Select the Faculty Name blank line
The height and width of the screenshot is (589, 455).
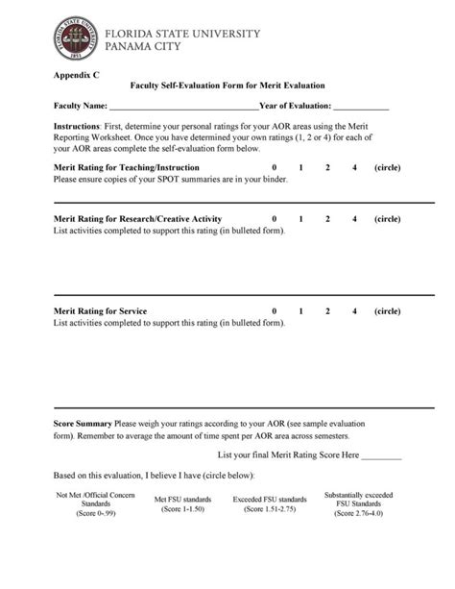tap(183, 107)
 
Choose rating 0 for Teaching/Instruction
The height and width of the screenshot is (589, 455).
tap(275, 167)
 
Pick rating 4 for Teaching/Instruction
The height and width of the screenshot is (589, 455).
tap(354, 167)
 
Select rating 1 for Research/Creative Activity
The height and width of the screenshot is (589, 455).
tap(300, 219)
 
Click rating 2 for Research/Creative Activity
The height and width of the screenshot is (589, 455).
tap(327, 219)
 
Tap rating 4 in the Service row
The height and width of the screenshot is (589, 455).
tap(354, 311)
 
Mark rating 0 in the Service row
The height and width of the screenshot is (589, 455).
tap(275, 311)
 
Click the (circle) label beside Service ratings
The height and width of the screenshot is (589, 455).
tap(388, 311)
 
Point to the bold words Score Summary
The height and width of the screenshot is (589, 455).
tap(83, 423)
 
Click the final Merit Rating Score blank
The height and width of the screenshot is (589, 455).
tap(382, 454)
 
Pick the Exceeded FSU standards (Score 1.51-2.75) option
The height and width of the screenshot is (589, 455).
tap(270, 503)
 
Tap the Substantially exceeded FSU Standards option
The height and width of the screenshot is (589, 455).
tap(358, 503)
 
